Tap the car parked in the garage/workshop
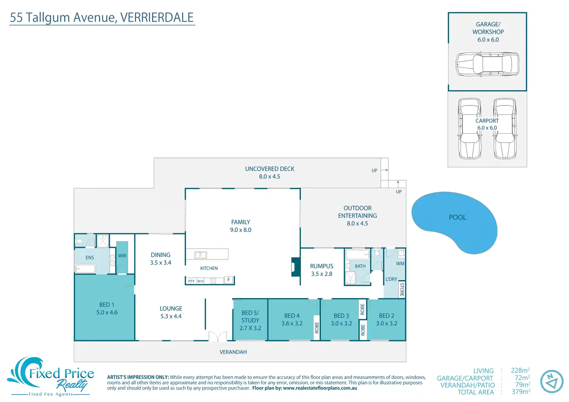click(487, 64)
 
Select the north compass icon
click(552, 381)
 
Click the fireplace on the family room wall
click(296, 267)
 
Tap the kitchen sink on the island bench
click(201, 254)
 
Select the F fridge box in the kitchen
click(228, 280)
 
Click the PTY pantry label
click(191, 281)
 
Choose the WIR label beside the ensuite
click(122, 256)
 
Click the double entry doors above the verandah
click(218, 336)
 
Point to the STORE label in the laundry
click(402, 290)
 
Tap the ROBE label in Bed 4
click(317, 327)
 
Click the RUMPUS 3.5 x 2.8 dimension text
click(322, 274)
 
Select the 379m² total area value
click(521, 392)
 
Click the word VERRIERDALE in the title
click(157, 17)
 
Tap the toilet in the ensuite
click(79, 241)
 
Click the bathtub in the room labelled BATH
click(358, 254)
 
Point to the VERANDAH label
click(233, 352)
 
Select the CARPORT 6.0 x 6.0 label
click(487, 124)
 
